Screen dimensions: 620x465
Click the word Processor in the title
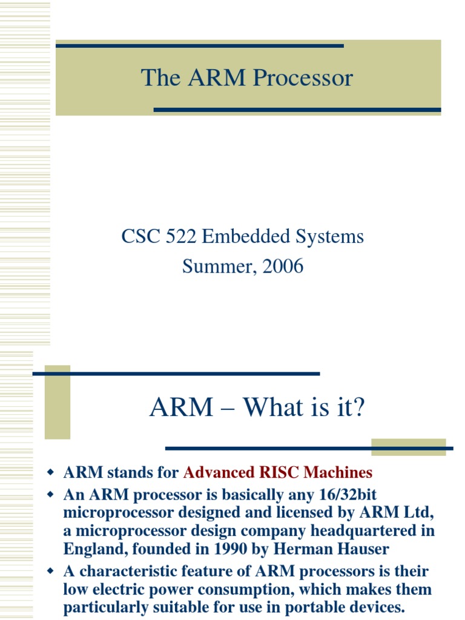[303, 78]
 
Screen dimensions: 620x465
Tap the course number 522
[181, 236]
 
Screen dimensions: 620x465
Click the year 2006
[281, 266]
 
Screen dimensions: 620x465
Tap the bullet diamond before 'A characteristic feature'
[51, 571]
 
